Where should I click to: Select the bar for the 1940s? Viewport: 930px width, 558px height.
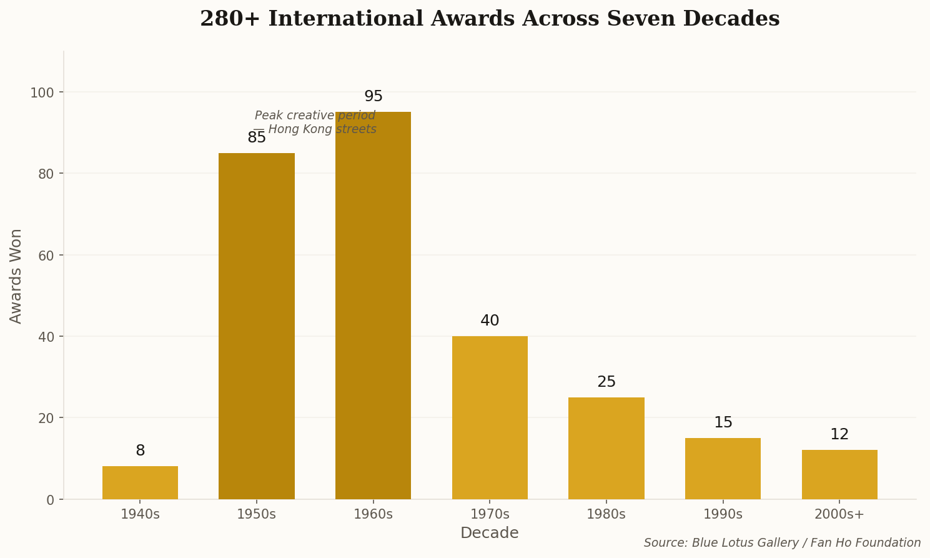click(x=140, y=482)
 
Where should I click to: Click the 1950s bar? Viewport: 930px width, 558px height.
click(x=256, y=326)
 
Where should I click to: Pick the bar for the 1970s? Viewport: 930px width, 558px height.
click(x=490, y=417)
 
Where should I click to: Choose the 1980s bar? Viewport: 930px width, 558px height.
click(x=606, y=448)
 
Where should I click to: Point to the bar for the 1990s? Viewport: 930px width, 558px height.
click(x=723, y=468)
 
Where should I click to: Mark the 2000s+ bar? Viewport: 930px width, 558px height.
click(x=839, y=474)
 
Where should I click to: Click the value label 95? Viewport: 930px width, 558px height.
click(x=373, y=97)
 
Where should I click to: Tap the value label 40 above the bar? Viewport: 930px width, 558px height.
click(x=490, y=321)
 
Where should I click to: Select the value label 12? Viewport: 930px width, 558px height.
click(x=839, y=435)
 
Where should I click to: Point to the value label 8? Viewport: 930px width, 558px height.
click(x=140, y=451)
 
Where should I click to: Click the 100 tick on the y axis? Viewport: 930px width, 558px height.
click(x=42, y=92)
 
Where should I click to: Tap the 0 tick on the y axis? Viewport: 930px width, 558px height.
click(x=51, y=499)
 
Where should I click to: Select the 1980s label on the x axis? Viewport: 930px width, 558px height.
click(x=606, y=515)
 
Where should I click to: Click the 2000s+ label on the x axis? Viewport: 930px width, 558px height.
click(x=839, y=515)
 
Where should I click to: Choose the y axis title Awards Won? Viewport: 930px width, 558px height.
click(x=16, y=276)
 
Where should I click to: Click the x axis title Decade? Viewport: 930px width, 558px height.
click(x=490, y=534)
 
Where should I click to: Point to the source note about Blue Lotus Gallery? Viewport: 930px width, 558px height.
click(x=782, y=543)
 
